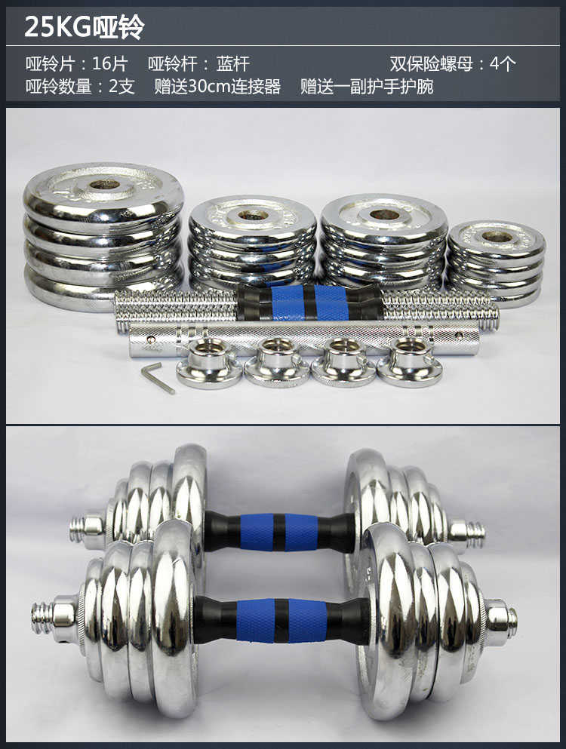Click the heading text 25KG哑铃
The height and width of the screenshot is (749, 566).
[x=84, y=26]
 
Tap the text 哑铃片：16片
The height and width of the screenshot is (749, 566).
[x=77, y=64]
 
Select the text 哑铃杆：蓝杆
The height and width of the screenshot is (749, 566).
[x=199, y=64]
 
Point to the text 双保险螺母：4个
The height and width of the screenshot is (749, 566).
[x=453, y=64]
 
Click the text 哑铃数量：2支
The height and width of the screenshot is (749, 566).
[x=80, y=87]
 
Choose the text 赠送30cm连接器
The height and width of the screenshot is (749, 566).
[x=217, y=87]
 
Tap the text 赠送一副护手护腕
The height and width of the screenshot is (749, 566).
[x=367, y=87]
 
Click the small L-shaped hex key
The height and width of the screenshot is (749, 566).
[x=158, y=378]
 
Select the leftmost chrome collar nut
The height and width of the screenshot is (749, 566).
[x=209, y=363]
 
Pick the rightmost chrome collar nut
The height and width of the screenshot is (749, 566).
[x=410, y=362]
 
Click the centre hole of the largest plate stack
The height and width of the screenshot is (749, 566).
[x=104, y=184]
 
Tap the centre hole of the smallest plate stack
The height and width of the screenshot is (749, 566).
[x=497, y=236]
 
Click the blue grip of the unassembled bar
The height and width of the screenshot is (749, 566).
[x=309, y=303]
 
